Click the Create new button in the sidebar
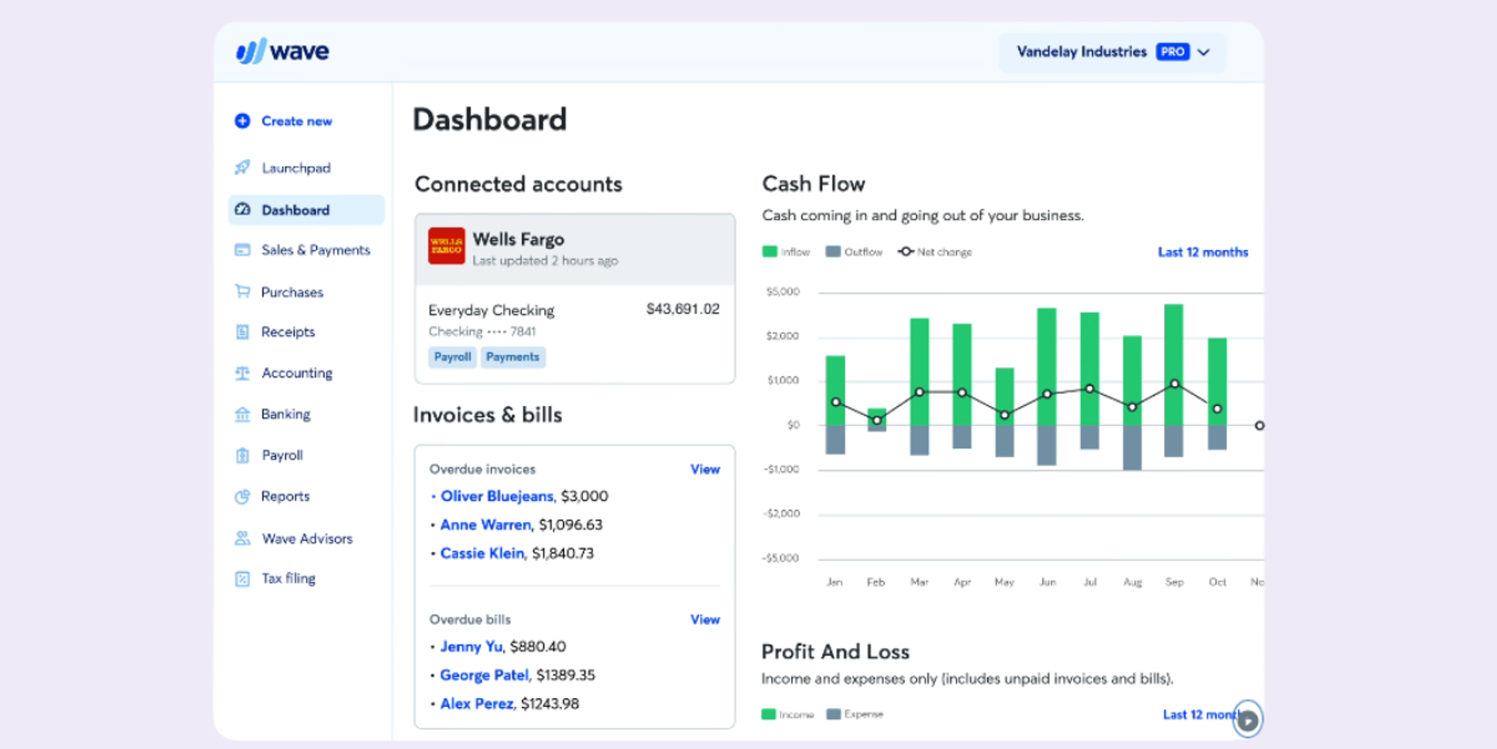pyautogui.click(x=296, y=121)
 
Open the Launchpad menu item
pyautogui.click(x=295, y=168)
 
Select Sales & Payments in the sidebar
pyautogui.click(x=314, y=250)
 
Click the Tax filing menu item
pyautogui.click(x=287, y=578)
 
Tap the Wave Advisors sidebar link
pyautogui.click(x=306, y=539)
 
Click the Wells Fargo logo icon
pyautogui.click(x=446, y=246)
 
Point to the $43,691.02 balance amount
pyautogui.click(x=683, y=309)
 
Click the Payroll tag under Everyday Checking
pyautogui.click(x=452, y=357)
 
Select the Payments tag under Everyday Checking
pyautogui.click(x=513, y=357)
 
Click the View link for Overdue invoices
pyautogui.click(x=704, y=470)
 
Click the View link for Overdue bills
pyautogui.click(x=704, y=619)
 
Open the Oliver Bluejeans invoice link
pyautogui.click(x=497, y=496)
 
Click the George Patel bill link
pyautogui.click(x=484, y=675)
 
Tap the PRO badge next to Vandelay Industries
pyautogui.click(x=1172, y=52)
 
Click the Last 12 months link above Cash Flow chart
pyautogui.click(x=1202, y=252)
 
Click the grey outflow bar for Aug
pyautogui.click(x=1132, y=448)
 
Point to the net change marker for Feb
pyautogui.click(x=876, y=420)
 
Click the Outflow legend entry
pyautogui.click(x=854, y=252)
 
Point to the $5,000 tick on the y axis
pyautogui.click(x=782, y=291)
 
